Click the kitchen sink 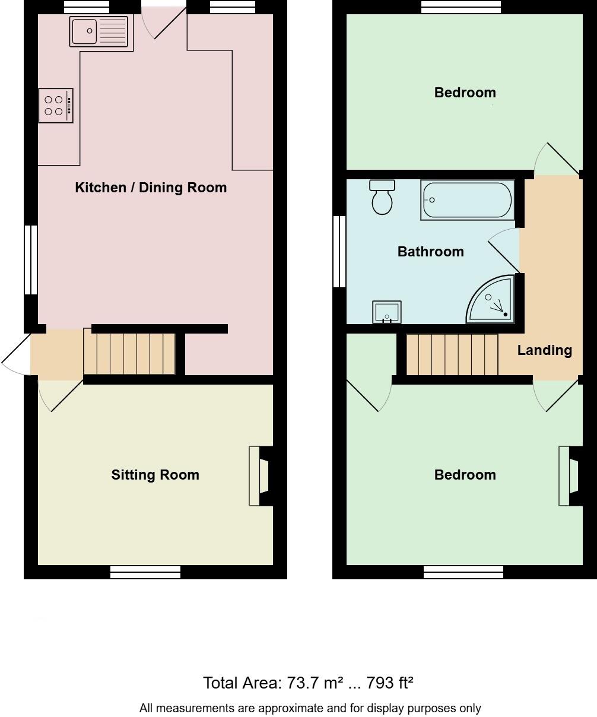(x=99, y=31)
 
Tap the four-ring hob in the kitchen (x=56, y=106)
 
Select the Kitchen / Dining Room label (x=151, y=188)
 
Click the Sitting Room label (x=155, y=475)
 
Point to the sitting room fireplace (x=260, y=476)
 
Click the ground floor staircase (x=129, y=354)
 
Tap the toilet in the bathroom (x=382, y=197)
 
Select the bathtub (x=466, y=201)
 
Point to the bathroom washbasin (x=386, y=312)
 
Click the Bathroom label (x=430, y=252)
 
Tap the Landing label (x=544, y=350)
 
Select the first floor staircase (x=452, y=354)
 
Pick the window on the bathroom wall (x=339, y=251)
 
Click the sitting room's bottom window (x=145, y=572)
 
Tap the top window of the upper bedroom (x=461, y=7)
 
